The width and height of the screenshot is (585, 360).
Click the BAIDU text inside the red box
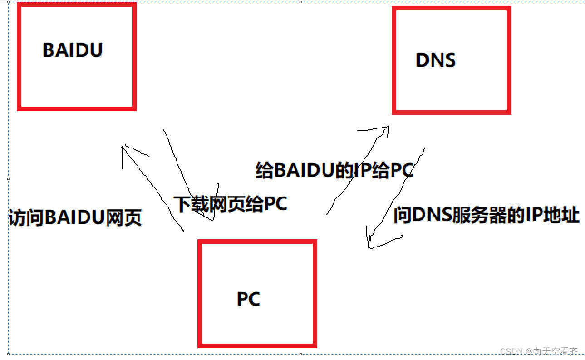(x=73, y=49)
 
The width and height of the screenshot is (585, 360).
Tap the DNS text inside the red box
(x=435, y=60)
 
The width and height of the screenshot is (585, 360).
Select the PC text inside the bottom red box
(x=249, y=299)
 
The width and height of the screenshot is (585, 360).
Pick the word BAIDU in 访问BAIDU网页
(x=74, y=218)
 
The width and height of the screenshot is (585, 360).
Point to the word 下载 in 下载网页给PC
(x=190, y=204)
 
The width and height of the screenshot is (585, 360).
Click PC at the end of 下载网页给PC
(x=276, y=204)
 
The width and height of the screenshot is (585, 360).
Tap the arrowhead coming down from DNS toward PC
(x=369, y=245)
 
